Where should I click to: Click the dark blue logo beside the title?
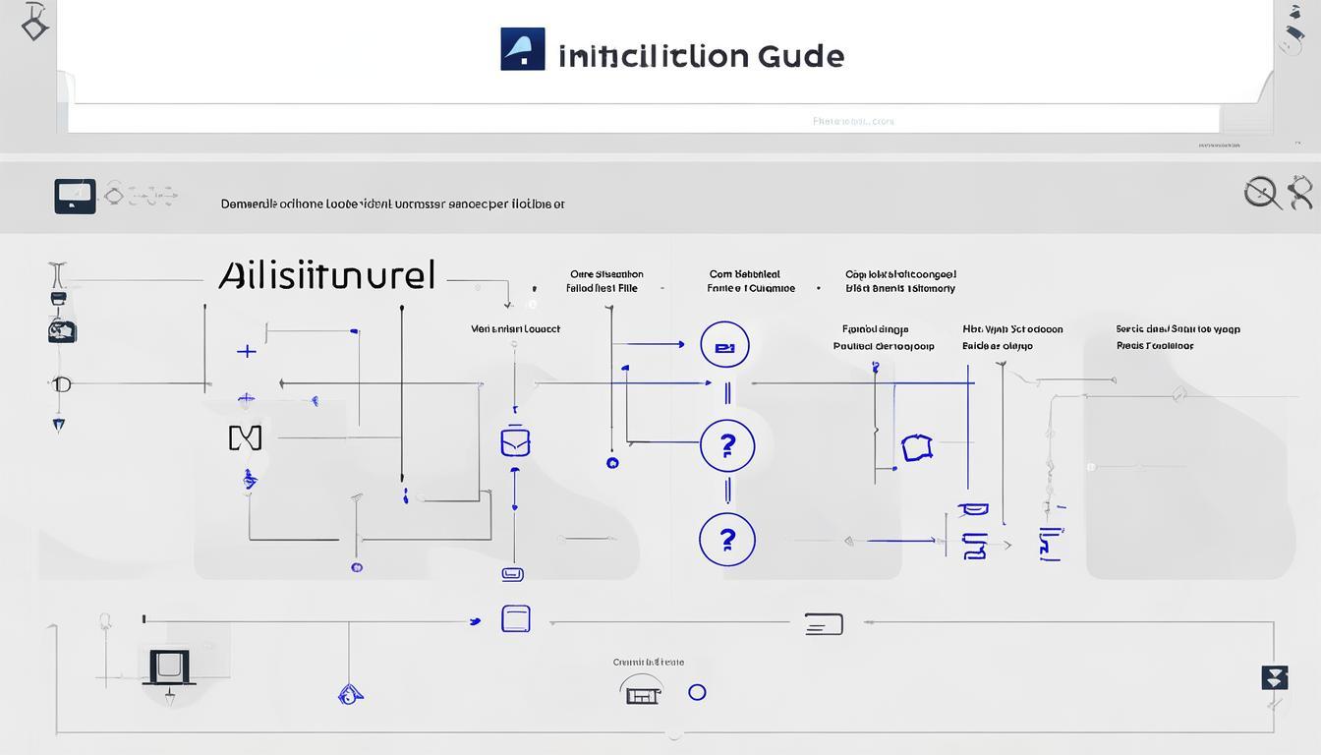[522, 49]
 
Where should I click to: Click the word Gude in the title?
[800, 55]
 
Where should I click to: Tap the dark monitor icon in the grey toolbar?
[75, 196]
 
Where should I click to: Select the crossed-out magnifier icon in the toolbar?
[1262, 193]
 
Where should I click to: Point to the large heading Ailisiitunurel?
[326, 275]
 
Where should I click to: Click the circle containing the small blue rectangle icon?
[724, 346]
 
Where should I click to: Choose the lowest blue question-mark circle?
[726, 540]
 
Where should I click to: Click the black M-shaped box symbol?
[245, 437]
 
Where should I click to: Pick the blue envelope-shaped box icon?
[515, 442]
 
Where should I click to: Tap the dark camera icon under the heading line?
[61, 330]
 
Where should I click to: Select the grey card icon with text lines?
[823, 623]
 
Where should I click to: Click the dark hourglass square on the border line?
[1274, 677]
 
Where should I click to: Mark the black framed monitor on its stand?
[170, 668]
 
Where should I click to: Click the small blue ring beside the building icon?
[697, 692]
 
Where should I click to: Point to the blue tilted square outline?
[916, 448]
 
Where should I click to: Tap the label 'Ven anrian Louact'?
[515, 329]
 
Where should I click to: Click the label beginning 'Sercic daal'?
[1177, 329]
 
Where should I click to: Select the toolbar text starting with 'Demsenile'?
[392, 204]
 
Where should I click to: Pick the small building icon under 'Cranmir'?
[641, 692]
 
